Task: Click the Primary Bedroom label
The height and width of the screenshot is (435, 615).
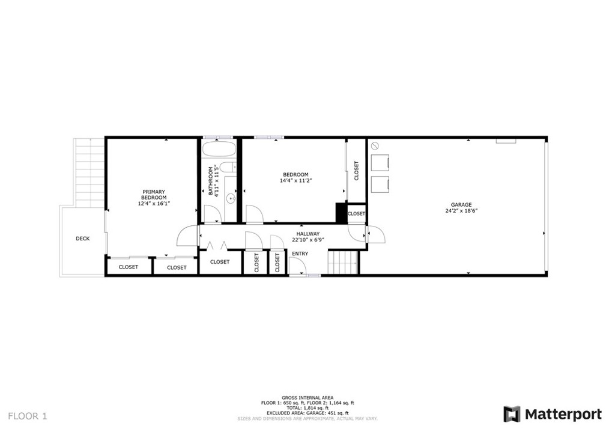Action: click(x=154, y=195)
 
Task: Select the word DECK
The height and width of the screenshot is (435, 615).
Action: click(x=83, y=239)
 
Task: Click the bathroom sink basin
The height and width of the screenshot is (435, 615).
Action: click(x=230, y=199)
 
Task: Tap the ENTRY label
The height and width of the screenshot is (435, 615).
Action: click(x=300, y=254)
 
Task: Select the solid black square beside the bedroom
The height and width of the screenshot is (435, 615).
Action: click(x=341, y=213)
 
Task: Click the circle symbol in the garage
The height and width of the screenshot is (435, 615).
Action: click(x=374, y=145)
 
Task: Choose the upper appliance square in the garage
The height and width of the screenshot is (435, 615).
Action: click(x=380, y=162)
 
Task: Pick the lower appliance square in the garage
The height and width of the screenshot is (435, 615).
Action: click(x=380, y=184)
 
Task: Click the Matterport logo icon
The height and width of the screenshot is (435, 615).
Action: click(x=512, y=414)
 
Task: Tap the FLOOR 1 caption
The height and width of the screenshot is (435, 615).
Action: click(x=27, y=416)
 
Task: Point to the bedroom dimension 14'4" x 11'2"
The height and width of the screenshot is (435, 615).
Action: click(x=296, y=180)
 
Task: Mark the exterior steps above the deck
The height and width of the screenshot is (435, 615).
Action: click(x=89, y=171)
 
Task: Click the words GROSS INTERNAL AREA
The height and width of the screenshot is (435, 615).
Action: click(x=307, y=398)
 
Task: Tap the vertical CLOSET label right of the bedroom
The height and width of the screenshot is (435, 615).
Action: click(x=357, y=170)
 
